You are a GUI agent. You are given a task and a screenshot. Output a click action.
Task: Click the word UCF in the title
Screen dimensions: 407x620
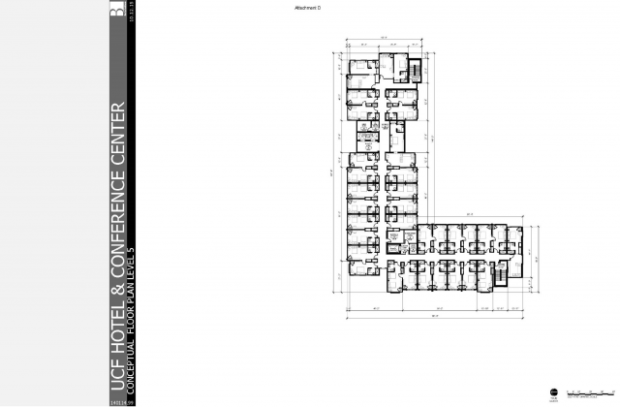coord(118,376)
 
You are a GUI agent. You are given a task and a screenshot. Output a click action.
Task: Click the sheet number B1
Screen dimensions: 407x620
coord(118,10)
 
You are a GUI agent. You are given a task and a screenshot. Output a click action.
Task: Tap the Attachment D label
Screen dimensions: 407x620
coord(306,7)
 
